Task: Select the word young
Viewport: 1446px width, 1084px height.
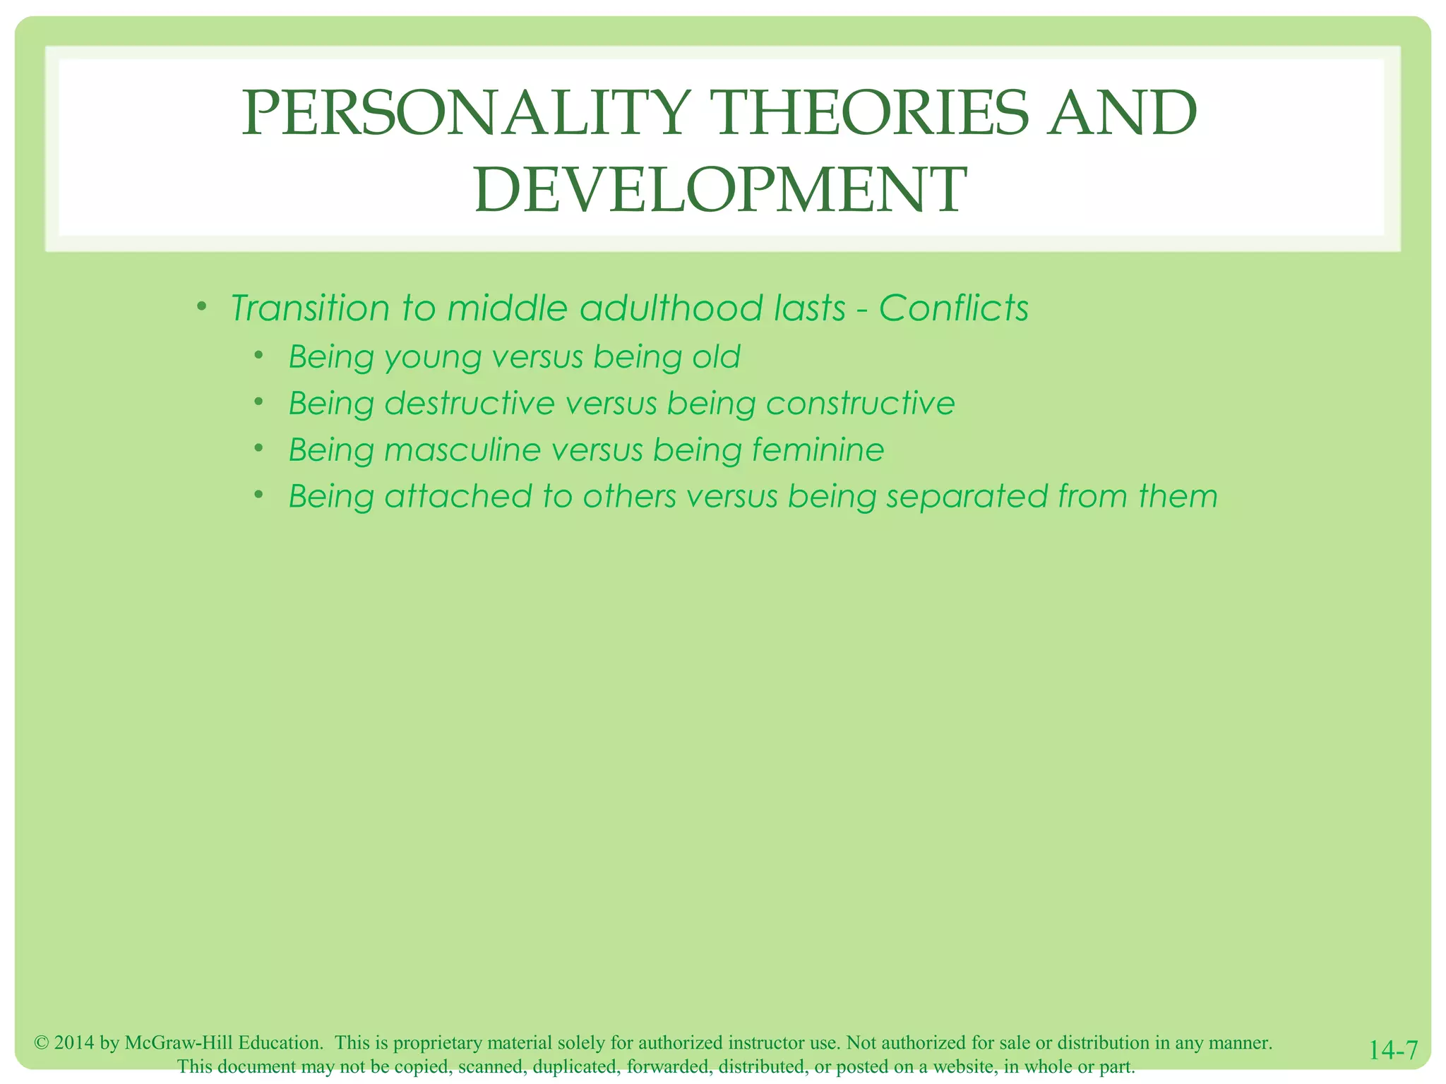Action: point(431,358)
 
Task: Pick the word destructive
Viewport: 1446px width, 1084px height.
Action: point(470,404)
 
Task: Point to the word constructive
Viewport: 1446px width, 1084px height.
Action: point(861,404)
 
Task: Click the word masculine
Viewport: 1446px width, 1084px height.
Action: point(462,450)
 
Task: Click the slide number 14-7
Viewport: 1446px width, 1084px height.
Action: point(1393,1050)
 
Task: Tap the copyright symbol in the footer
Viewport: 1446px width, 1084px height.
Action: point(41,1043)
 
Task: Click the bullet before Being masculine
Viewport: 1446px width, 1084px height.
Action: point(259,447)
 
